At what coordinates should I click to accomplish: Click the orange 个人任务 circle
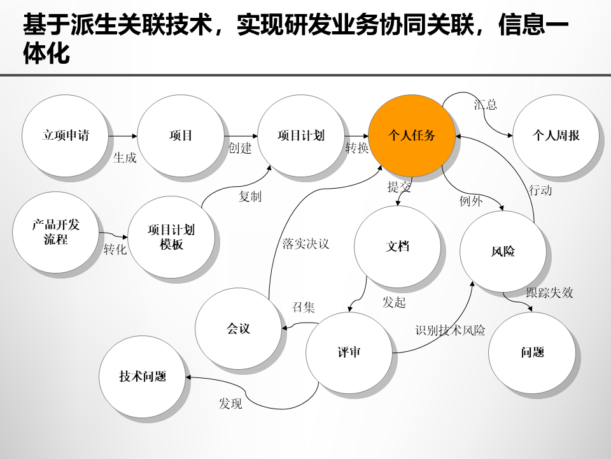[412, 136]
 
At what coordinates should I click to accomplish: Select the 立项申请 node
[66, 136]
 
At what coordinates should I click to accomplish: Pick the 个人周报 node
[556, 136]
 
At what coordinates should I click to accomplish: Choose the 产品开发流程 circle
[56, 232]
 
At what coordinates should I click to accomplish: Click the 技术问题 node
[143, 377]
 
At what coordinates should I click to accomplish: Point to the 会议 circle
[239, 329]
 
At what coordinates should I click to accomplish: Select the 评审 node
[349, 353]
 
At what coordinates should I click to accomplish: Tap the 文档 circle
[398, 247]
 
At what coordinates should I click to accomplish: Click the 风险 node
[503, 251]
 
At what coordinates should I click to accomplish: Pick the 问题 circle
[532, 353]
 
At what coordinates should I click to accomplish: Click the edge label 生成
[125, 157]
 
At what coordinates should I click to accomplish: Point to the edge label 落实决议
[305, 244]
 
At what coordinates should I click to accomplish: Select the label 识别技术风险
[451, 330]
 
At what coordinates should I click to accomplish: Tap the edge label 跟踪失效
[549, 293]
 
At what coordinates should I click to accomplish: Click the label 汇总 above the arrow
[485, 105]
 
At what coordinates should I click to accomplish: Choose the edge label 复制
[250, 197]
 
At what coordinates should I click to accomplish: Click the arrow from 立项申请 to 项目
[123, 136]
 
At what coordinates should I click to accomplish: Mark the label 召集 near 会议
[304, 307]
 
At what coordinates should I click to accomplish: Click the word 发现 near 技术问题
[230, 404]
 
